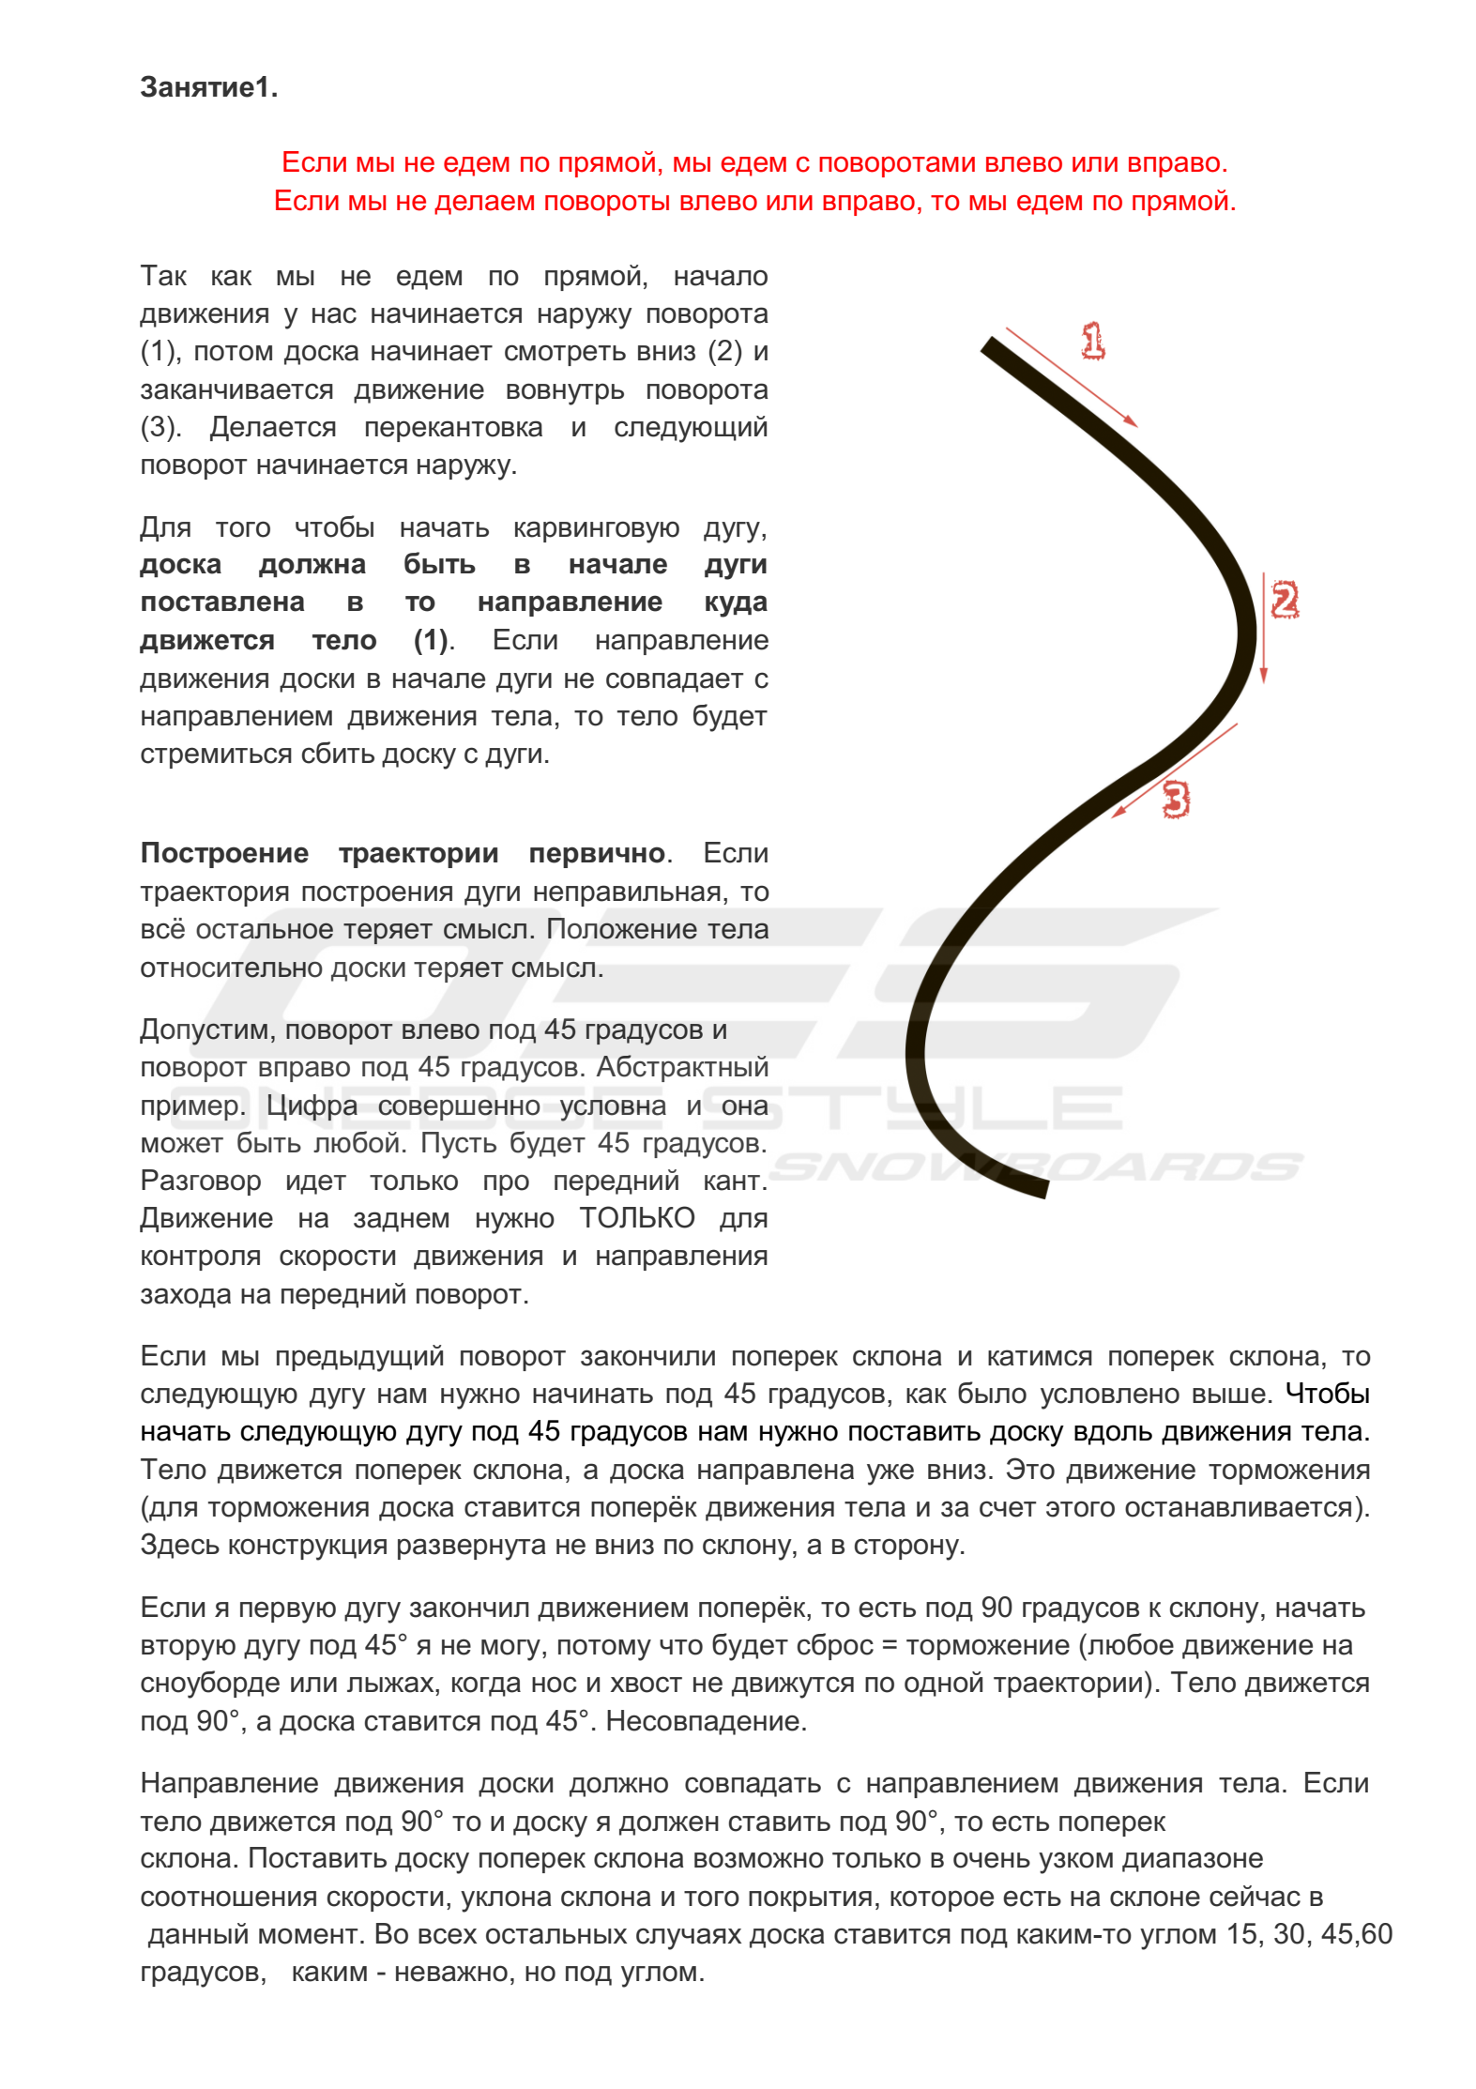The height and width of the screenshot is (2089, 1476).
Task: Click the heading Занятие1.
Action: [x=208, y=87]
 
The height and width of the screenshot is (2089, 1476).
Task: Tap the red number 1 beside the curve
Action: [x=1092, y=342]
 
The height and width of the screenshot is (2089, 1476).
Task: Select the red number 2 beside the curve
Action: [x=1284, y=600]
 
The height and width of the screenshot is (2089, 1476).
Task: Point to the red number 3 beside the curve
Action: [x=1175, y=800]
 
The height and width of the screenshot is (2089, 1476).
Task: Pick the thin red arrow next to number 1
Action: [x=1071, y=377]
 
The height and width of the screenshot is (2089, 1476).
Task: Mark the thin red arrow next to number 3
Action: [x=1175, y=770]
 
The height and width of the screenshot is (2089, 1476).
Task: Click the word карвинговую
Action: [x=596, y=527]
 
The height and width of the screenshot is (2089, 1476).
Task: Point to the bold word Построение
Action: [x=224, y=853]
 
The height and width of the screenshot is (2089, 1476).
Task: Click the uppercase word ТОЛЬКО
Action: [x=636, y=1218]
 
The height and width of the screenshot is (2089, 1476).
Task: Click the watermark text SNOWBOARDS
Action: [x=1036, y=1166]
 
